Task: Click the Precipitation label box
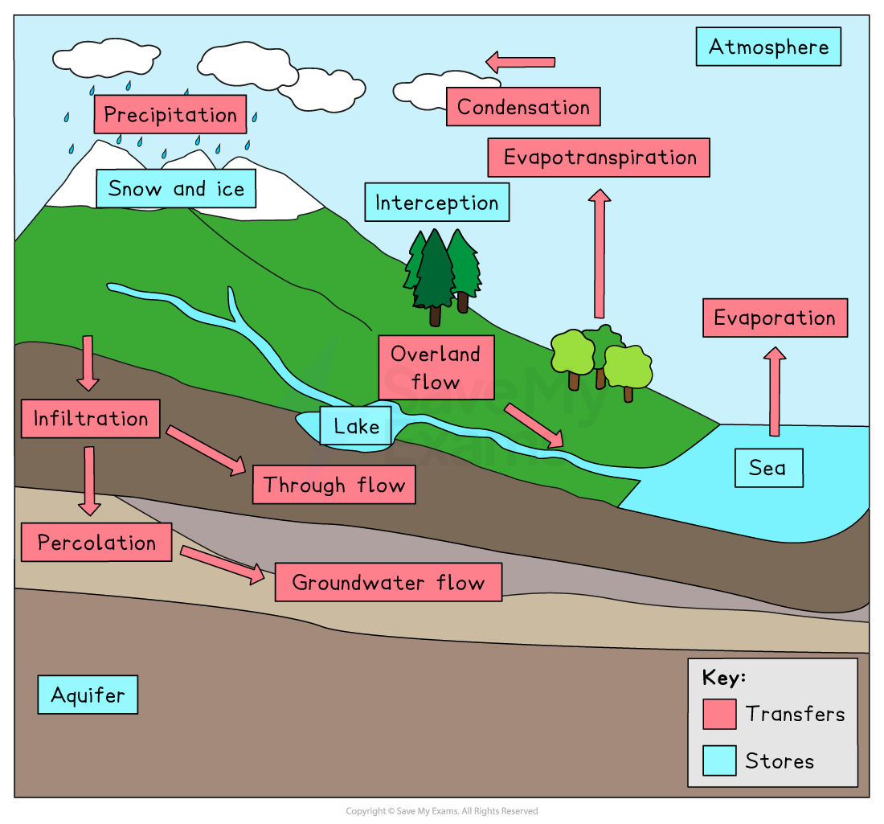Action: click(170, 114)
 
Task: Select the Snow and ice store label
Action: click(175, 189)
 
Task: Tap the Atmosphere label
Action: click(767, 47)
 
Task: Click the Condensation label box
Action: click(523, 107)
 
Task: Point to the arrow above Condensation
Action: click(521, 62)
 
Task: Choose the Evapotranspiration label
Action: click(599, 158)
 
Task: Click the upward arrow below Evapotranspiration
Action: click(599, 253)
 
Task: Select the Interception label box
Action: click(436, 203)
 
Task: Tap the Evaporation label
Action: click(775, 318)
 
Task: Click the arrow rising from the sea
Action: click(775, 392)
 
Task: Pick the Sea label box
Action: click(768, 468)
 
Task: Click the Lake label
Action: click(355, 426)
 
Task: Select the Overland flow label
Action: click(436, 367)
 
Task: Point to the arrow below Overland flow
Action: click(534, 425)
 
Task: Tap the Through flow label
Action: click(334, 485)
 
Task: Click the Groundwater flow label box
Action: click(388, 582)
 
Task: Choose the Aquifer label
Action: click(88, 695)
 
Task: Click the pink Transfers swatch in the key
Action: click(719, 714)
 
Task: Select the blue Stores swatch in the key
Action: click(719, 760)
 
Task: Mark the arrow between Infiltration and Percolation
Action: click(89, 481)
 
